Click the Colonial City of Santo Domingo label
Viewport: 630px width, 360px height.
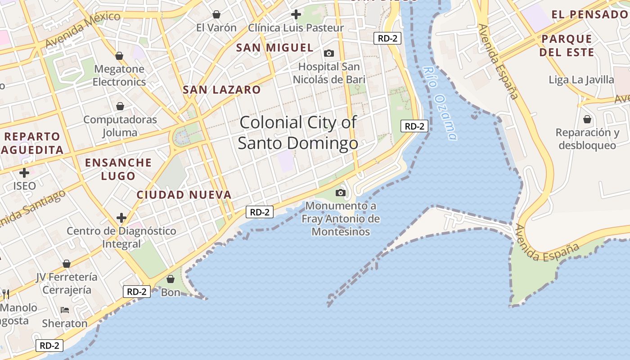(x=298, y=133)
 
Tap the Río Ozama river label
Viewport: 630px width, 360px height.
(x=441, y=103)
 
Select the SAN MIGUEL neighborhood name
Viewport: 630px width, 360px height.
(x=274, y=47)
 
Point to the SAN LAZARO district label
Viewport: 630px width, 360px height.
(x=221, y=90)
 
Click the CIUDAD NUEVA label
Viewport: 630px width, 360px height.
(x=184, y=195)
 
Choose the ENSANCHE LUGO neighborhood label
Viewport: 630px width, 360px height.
(x=118, y=169)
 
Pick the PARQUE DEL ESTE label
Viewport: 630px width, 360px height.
(x=567, y=45)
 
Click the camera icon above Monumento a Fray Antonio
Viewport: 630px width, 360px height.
(x=341, y=193)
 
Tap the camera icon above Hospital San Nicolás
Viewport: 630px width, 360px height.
(x=329, y=54)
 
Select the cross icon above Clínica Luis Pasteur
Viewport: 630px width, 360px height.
(x=296, y=14)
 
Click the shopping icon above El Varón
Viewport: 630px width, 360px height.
(x=216, y=14)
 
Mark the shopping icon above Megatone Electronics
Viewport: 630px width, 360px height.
(x=119, y=56)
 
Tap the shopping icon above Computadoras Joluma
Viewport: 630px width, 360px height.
(x=120, y=106)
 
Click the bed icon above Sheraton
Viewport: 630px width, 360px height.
(x=65, y=310)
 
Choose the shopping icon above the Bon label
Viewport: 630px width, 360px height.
(x=171, y=279)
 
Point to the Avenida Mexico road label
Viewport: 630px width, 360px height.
(x=83, y=30)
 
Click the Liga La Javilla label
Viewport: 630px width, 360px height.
(x=581, y=80)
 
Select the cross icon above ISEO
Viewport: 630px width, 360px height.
(x=24, y=172)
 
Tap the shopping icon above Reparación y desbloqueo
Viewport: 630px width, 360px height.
(x=587, y=119)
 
